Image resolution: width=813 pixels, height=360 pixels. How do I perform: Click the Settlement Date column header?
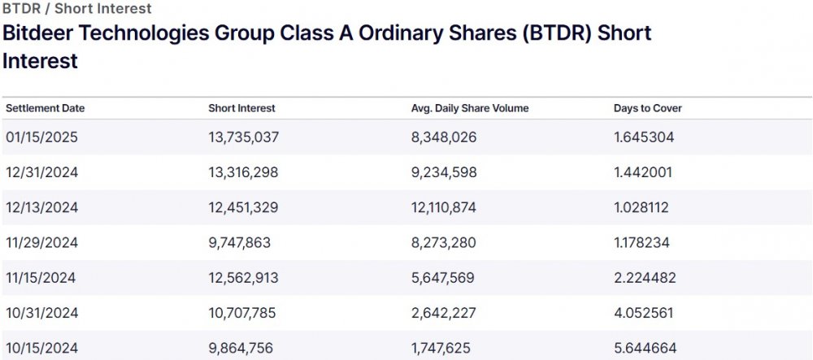45,108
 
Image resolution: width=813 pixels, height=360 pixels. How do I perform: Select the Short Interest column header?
241,108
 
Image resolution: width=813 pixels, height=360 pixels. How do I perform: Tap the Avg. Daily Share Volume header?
471,108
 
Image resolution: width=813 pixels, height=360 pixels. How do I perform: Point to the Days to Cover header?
647,108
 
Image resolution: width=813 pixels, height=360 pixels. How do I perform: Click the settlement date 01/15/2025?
41,137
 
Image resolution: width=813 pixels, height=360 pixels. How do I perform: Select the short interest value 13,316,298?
243,172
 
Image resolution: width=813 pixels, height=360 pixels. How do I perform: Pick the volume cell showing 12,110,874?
445,207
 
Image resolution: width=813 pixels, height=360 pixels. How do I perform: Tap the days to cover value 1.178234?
643,242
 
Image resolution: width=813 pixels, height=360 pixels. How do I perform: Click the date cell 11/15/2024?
41,278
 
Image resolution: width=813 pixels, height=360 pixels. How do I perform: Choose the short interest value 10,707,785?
243,313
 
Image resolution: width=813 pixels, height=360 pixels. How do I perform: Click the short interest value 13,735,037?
243,137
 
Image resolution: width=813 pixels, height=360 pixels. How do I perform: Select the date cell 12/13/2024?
41,207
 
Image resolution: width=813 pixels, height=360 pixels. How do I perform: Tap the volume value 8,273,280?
444,242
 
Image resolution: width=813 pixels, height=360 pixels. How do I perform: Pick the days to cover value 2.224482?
644,278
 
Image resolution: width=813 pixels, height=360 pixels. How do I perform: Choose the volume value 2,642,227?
444,313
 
